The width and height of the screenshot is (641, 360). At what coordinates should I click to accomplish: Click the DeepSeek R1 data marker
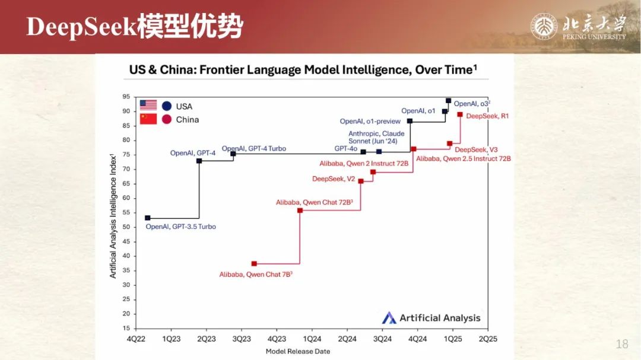(460, 115)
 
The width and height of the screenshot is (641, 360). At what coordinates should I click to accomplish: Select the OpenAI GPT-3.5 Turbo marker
(148, 218)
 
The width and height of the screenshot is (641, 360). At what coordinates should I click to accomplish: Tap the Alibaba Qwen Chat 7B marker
(254, 264)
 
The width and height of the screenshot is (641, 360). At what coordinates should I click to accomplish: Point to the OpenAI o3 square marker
(449, 100)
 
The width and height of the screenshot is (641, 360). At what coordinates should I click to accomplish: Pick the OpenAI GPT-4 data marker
(199, 161)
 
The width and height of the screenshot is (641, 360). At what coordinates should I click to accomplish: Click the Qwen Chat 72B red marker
(300, 211)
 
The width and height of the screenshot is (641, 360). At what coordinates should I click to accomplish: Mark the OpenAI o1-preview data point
(410, 121)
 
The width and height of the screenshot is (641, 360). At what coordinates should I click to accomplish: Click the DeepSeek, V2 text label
(334, 179)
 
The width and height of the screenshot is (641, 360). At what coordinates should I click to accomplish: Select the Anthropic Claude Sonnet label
(376, 138)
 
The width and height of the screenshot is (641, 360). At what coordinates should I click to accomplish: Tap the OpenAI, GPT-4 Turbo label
(254, 149)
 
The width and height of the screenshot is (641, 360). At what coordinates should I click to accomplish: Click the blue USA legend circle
(166, 106)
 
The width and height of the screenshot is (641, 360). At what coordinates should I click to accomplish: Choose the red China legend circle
(166, 119)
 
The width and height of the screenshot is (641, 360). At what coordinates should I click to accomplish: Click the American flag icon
(148, 106)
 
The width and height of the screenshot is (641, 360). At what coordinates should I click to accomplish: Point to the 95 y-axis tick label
(126, 97)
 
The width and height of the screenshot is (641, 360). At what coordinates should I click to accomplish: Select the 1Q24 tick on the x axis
(312, 339)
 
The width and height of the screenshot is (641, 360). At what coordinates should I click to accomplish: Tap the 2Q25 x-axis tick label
(488, 339)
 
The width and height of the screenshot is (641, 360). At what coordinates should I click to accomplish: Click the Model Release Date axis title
(297, 352)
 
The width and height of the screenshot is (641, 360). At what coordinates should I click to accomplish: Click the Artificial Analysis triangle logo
(389, 318)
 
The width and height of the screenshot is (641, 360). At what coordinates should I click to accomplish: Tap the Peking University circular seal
(544, 27)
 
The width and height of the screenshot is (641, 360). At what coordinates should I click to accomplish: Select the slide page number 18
(622, 344)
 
